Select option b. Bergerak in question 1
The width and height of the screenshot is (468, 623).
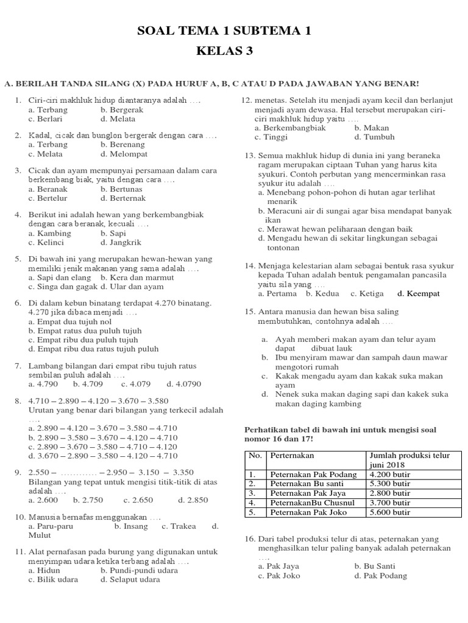coord(122,110)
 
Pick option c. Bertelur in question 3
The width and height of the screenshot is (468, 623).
coord(48,198)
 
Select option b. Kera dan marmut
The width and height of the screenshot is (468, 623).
coord(138,277)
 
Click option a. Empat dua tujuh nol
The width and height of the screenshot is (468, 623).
coord(70,321)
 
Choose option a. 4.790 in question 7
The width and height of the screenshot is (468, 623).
coord(43,384)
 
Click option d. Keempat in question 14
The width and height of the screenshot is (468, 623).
coord(418,293)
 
